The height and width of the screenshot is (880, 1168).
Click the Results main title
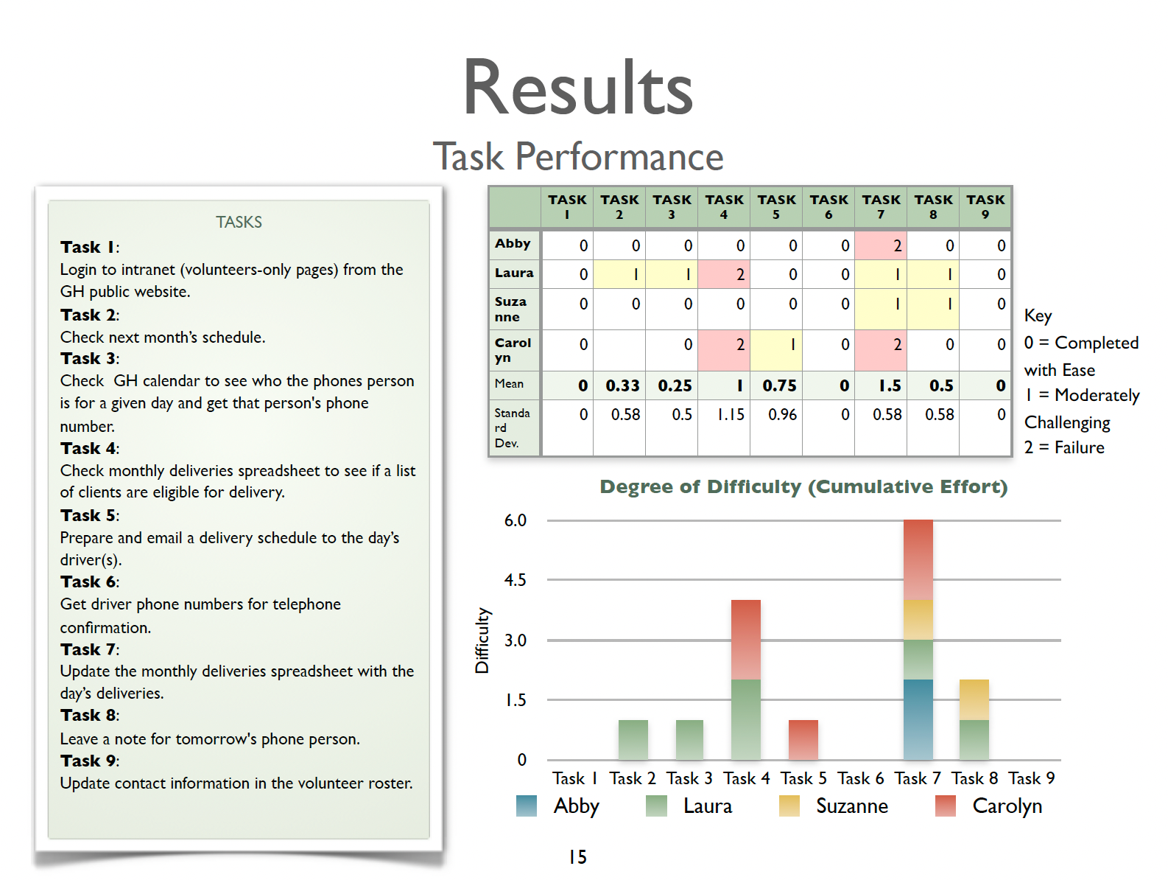click(x=578, y=88)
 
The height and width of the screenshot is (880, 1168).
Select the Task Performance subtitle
click(x=578, y=156)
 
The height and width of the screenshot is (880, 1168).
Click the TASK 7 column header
click(x=881, y=206)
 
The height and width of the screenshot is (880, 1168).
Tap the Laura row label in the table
click(x=514, y=273)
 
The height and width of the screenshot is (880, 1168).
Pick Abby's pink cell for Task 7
click(x=881, y=245)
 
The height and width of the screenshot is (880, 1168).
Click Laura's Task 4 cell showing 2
click(x=724, y=274)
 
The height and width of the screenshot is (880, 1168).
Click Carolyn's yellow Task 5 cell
click(x=776, y=344)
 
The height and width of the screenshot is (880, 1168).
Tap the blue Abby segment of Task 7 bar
click(x=918, y=719)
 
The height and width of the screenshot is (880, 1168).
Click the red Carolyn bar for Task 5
click(x=803, y=739)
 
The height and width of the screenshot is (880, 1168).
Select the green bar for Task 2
click(x=633, y=739)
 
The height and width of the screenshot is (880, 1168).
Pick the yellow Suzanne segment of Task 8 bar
click(x=974, y=699)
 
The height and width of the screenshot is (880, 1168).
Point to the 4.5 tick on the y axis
click(x=515, y=580)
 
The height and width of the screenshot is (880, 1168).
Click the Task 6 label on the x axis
click(x=860, y=778)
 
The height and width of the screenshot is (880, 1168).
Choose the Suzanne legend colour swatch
click(x=789, y=806)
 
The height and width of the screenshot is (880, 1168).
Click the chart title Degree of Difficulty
click(x=803, y=487)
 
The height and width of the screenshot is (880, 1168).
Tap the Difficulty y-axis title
click(x=482, y=640)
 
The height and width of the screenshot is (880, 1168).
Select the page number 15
click(x=577, y=856)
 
